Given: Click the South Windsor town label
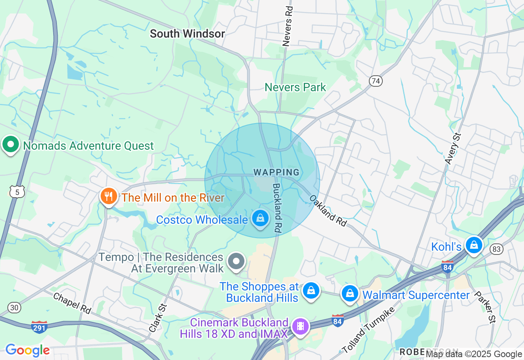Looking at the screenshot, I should (x=187, y=34).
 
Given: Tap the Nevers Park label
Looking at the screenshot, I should (x=295, y=87).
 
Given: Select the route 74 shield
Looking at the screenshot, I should (x=375, y=81).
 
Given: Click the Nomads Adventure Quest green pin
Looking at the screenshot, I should (x=11, y=144).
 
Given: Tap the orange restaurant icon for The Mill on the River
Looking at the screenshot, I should (x=108, y=196).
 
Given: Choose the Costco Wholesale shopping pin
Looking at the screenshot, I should (x=260, y=218).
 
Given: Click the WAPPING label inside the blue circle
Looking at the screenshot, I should (x=277, y=173).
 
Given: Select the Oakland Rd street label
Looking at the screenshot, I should (x=328, y=210).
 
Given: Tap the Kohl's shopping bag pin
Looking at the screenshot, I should (x=474, y=245).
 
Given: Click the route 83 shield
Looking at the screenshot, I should (x=497, y=249).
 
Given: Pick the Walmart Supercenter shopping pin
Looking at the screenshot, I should (x=350, y=294).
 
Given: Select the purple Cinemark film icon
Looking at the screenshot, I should (x=301, y=326).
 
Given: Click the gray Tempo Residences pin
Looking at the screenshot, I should (x=236, y=261).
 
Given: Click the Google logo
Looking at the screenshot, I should (x=27, y=350).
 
